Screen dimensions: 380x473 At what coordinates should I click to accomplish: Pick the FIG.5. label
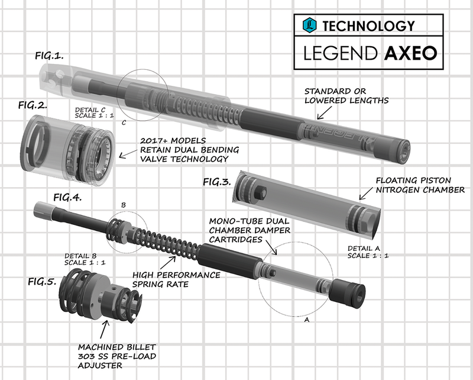click(42, 279)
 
